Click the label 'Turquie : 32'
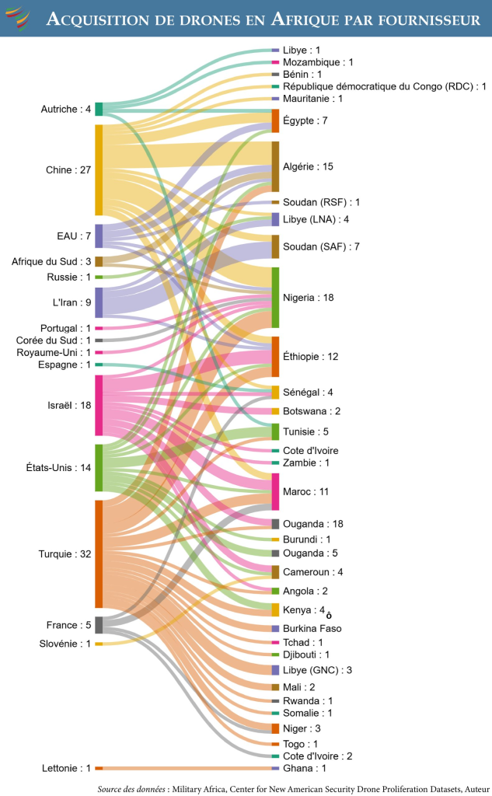[65, 554]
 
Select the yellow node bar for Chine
[99, 169]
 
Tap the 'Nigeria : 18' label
[309, 297]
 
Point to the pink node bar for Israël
[99, 405]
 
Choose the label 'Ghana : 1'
[305, 769]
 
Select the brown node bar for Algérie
[275, 166]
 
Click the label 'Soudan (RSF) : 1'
[321, 202]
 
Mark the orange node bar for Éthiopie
[275, 356]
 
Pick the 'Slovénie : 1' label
[65, 644]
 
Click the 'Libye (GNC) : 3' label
[318, 670]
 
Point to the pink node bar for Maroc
[275, 491]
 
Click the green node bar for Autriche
[99, 109]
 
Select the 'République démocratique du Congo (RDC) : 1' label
[384, 86]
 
